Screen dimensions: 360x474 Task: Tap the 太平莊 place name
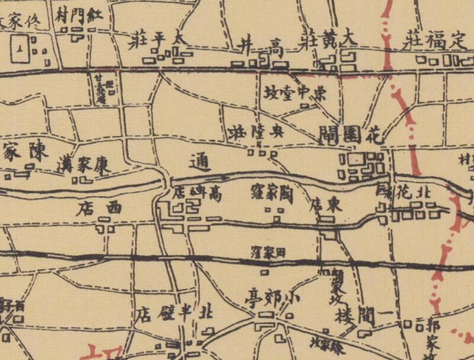point(156,40)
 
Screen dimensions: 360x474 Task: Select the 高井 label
point(258,43)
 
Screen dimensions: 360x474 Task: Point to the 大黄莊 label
point(331,39)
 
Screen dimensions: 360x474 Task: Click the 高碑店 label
point(198,193)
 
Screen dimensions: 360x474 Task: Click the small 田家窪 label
point(268,251)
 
